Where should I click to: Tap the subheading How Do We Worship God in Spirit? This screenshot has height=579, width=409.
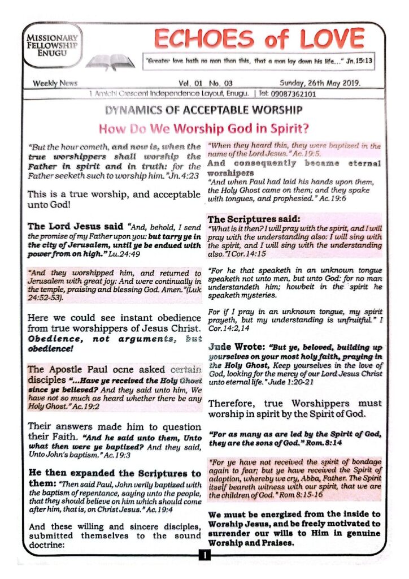[204, 127]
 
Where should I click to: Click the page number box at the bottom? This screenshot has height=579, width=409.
[204, 555]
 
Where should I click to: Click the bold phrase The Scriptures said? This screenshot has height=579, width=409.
[247, 219]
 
